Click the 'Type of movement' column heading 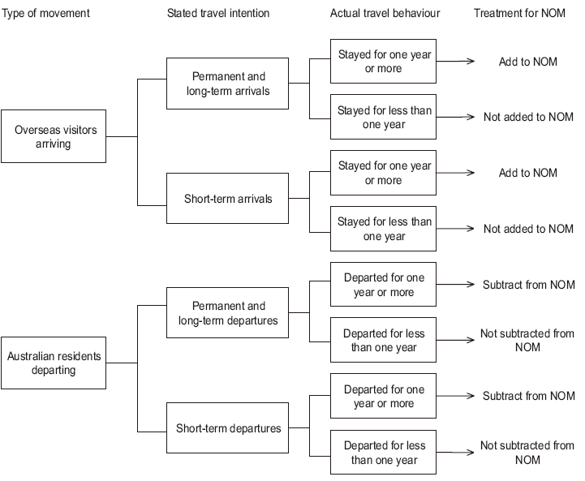(x=46, y=14)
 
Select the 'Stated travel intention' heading (x=218, y=14)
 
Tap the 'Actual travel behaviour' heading (x=386, y=14)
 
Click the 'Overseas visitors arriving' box (x=54, y=136)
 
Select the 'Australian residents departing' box (x=54, y=363)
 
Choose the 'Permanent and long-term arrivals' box (x=227, y=84)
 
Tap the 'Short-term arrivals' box (x=227, y=198)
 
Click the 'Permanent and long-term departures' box (x=227, y=313)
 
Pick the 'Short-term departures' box (x=227, y=427)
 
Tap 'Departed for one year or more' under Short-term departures (x=384, y=397)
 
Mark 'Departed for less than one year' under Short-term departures (x=384, y=453)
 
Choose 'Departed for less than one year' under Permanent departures (x=384, y=341)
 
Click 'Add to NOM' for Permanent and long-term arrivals (x=528, y=62)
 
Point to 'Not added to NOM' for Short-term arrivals (x=528, y=229)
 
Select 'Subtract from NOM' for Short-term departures (x=528, y=397)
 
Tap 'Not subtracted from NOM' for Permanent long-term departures (x=527, y=341)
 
